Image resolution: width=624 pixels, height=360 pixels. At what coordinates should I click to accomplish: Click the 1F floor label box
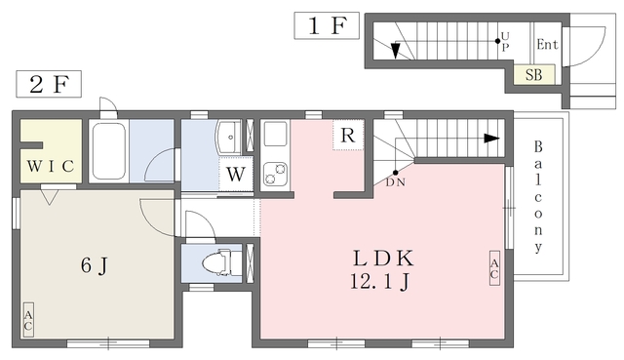(x=327, y=25)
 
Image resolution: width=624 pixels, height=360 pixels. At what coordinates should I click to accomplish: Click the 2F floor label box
(x=49, y=84)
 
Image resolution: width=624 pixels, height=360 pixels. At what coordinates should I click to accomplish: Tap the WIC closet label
(x=51, y=166)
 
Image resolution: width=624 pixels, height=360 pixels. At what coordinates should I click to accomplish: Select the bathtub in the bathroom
(x=108, y=151)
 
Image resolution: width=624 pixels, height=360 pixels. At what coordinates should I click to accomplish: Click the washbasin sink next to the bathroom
(x=228, y=138)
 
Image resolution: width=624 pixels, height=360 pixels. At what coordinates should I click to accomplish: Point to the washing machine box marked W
(x=236, y=174)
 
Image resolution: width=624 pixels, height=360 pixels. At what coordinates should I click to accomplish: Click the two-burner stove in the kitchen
(x=275, y=175)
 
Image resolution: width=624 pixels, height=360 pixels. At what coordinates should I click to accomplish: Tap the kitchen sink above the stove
(x=275, y=134)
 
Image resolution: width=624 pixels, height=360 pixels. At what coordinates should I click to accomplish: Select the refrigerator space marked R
(x=348, y=135)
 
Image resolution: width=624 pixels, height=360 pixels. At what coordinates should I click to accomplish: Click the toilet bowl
(x=217, y=263)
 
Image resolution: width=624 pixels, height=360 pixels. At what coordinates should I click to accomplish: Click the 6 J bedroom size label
(x=95, y=265)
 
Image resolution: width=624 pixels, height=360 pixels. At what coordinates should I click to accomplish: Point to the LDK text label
(x=383, y=259)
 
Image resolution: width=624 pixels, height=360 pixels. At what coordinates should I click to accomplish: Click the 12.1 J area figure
(x=380, y=282)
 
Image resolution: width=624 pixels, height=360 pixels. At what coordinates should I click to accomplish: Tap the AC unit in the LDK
(x=494, y=268)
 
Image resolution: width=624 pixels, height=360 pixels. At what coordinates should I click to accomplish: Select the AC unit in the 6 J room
(x=28, y=320)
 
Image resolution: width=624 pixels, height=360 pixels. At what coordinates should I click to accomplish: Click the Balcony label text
(x=538, y=197)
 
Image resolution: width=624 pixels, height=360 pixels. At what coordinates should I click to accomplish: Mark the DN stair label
(x=396, y=182)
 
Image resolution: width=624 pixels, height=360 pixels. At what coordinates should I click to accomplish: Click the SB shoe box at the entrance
(x=533, y=74)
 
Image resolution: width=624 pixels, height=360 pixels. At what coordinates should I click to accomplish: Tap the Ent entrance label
(x=547, y=44)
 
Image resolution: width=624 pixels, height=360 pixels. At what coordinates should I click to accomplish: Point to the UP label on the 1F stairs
(x=505, y=42)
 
